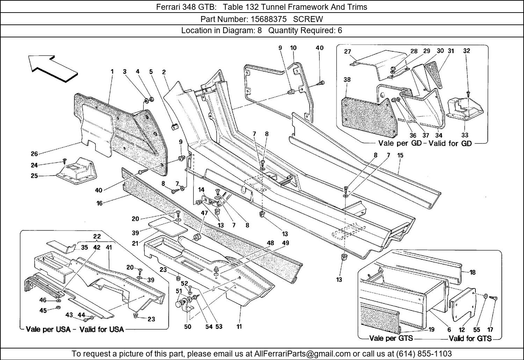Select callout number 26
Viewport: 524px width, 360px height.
pos(34,154)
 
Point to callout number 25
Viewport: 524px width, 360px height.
pos(34,176)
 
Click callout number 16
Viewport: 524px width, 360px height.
pos(100,203)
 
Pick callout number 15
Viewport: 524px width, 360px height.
pos(400,155)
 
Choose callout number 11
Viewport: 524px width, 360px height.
pos(239,326)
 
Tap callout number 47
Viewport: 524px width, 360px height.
pos(204,213)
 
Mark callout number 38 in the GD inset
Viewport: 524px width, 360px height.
pos(347,80)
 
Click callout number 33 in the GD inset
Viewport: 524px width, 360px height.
pos(465,135)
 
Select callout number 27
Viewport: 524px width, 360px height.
pos(347,52)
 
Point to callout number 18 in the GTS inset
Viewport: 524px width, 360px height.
pos(472,272)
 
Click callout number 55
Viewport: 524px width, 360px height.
pos(477,329)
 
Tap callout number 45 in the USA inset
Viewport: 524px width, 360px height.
pos(43,310)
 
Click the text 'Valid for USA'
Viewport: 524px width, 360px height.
pos(101,329)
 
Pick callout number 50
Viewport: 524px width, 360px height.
pos(188,327)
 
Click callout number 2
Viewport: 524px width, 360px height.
pos(163,72)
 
